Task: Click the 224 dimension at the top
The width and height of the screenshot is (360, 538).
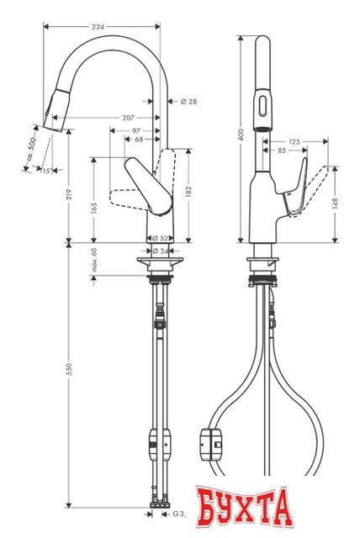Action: [98, 27]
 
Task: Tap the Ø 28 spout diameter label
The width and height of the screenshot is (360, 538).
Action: [188, 102]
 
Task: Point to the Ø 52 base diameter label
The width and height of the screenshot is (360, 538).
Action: [161, 239]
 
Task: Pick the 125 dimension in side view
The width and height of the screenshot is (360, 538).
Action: [294, 141]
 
